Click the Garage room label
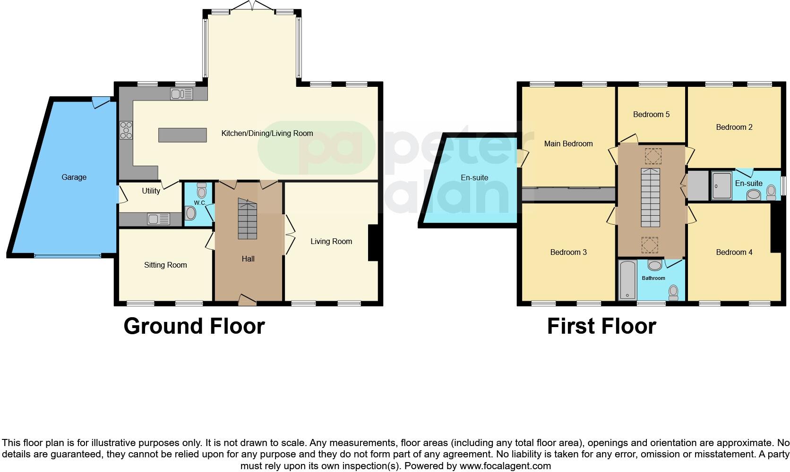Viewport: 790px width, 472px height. point(74,177)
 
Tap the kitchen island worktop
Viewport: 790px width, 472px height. point(182,135)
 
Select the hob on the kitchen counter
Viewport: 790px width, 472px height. point(126,130)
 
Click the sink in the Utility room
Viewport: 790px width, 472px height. point(159,219)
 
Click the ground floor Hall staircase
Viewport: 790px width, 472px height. point(247,219)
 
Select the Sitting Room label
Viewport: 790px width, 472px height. point(165,265)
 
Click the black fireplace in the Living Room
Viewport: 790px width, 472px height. point(373,243)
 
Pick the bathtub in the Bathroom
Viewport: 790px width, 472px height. point(627,279)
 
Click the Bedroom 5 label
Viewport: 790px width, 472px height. point(651,114)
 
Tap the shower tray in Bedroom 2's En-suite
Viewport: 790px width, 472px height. point(721,186)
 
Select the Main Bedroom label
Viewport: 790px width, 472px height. point(568,144)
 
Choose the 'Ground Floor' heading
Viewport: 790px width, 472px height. point(194,326)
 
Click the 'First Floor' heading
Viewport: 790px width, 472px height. point(601,326)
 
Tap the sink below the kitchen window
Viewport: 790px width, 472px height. point(181,94)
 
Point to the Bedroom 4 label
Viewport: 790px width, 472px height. point(734,253)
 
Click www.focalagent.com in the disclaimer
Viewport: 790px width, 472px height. point(505,466)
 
